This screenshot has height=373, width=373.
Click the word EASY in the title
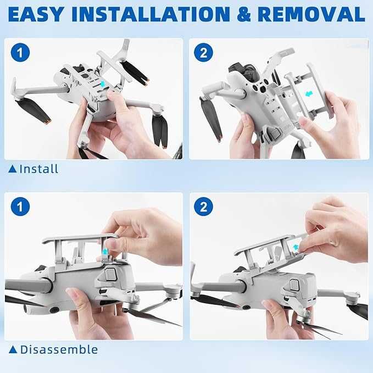coord(36,14)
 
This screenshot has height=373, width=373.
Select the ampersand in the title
coord(244,14)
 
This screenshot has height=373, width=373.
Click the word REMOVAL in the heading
coord(311,14)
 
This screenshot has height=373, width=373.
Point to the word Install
coord(39,169)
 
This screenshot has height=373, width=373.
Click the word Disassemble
coord(59,349)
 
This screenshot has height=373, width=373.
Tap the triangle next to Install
coord(13,169)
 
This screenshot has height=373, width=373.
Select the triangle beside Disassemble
coord(13,349)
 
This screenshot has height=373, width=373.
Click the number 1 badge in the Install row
coord(20,53)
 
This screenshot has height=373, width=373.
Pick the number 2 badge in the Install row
coord(203,53)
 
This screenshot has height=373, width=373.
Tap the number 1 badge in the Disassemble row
coord(20,207)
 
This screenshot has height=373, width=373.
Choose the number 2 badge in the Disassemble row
coord(203,207)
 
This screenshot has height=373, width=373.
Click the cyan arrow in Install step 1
coord(103,84)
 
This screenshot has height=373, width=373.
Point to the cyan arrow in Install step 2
coord(309,94)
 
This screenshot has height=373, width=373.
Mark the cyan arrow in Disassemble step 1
coord(105,251)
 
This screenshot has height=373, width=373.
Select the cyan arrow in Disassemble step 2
coord(296,247)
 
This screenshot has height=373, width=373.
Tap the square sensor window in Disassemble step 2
coord(294,285)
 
